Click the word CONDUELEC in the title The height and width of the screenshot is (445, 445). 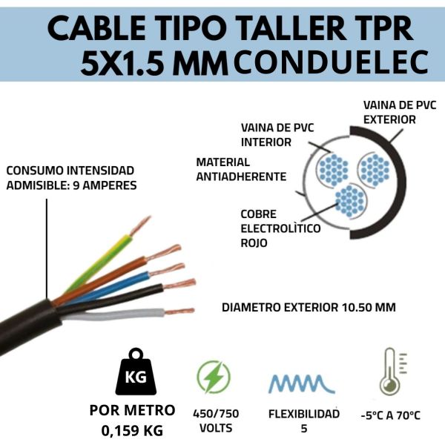pos(331,62)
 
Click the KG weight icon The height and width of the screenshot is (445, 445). pos(136,372)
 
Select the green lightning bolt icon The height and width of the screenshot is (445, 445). pos(214,377)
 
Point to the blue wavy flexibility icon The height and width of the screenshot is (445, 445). pos(302,383)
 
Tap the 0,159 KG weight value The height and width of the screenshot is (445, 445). pos(132,430)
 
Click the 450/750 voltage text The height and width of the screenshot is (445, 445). pos(216,414)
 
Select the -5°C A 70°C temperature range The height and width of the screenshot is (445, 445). pos(391,415)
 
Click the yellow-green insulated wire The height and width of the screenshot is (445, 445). pos(99,263)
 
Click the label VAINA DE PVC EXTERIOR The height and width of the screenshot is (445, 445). pos(400,113)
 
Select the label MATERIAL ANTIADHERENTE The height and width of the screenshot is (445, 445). pos(241,169)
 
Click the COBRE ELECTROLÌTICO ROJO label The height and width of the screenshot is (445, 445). pos(280,228)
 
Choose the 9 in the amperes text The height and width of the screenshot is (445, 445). pos(76,185)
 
